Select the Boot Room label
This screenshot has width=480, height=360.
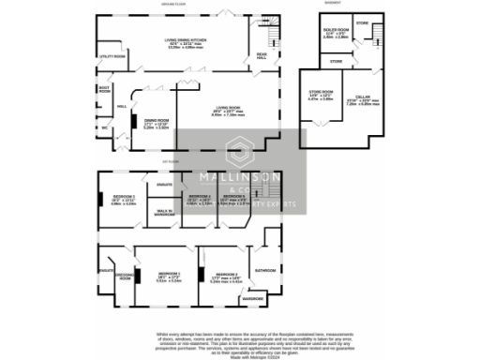[x=105, y=90]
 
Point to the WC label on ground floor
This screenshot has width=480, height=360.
[x=106, y=127]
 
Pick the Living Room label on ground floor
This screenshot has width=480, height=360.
[x=225, y=111]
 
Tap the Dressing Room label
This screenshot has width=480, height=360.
[x=122, y=277]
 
